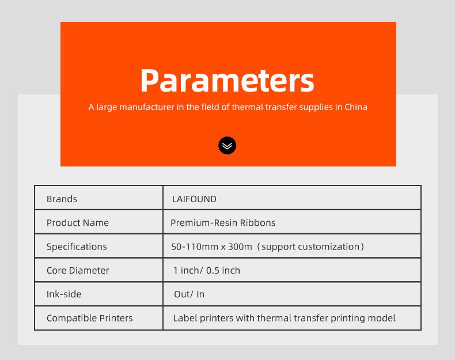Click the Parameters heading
227,81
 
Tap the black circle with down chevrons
227,145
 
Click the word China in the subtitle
356,107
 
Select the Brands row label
62,199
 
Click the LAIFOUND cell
194,199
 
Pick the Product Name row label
78,223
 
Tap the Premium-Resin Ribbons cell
223,223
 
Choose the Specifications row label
77,247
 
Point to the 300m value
240,247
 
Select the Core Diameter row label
78,270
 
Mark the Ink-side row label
64,294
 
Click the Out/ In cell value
189,294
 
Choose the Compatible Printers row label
90,318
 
